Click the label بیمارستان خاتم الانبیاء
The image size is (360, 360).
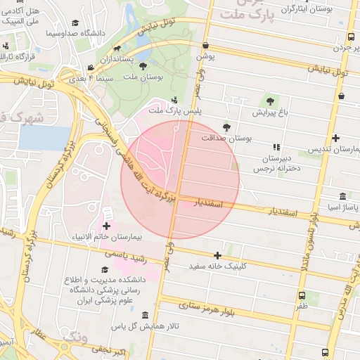pos(105,237)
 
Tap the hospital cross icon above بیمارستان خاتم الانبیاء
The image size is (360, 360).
pos(106,226)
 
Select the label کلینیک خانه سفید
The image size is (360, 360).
pos(217,267)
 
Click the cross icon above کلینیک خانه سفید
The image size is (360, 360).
pos(217,255)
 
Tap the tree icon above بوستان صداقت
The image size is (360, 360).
pos(226,127)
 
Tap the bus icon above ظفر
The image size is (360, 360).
pos(302,296)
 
